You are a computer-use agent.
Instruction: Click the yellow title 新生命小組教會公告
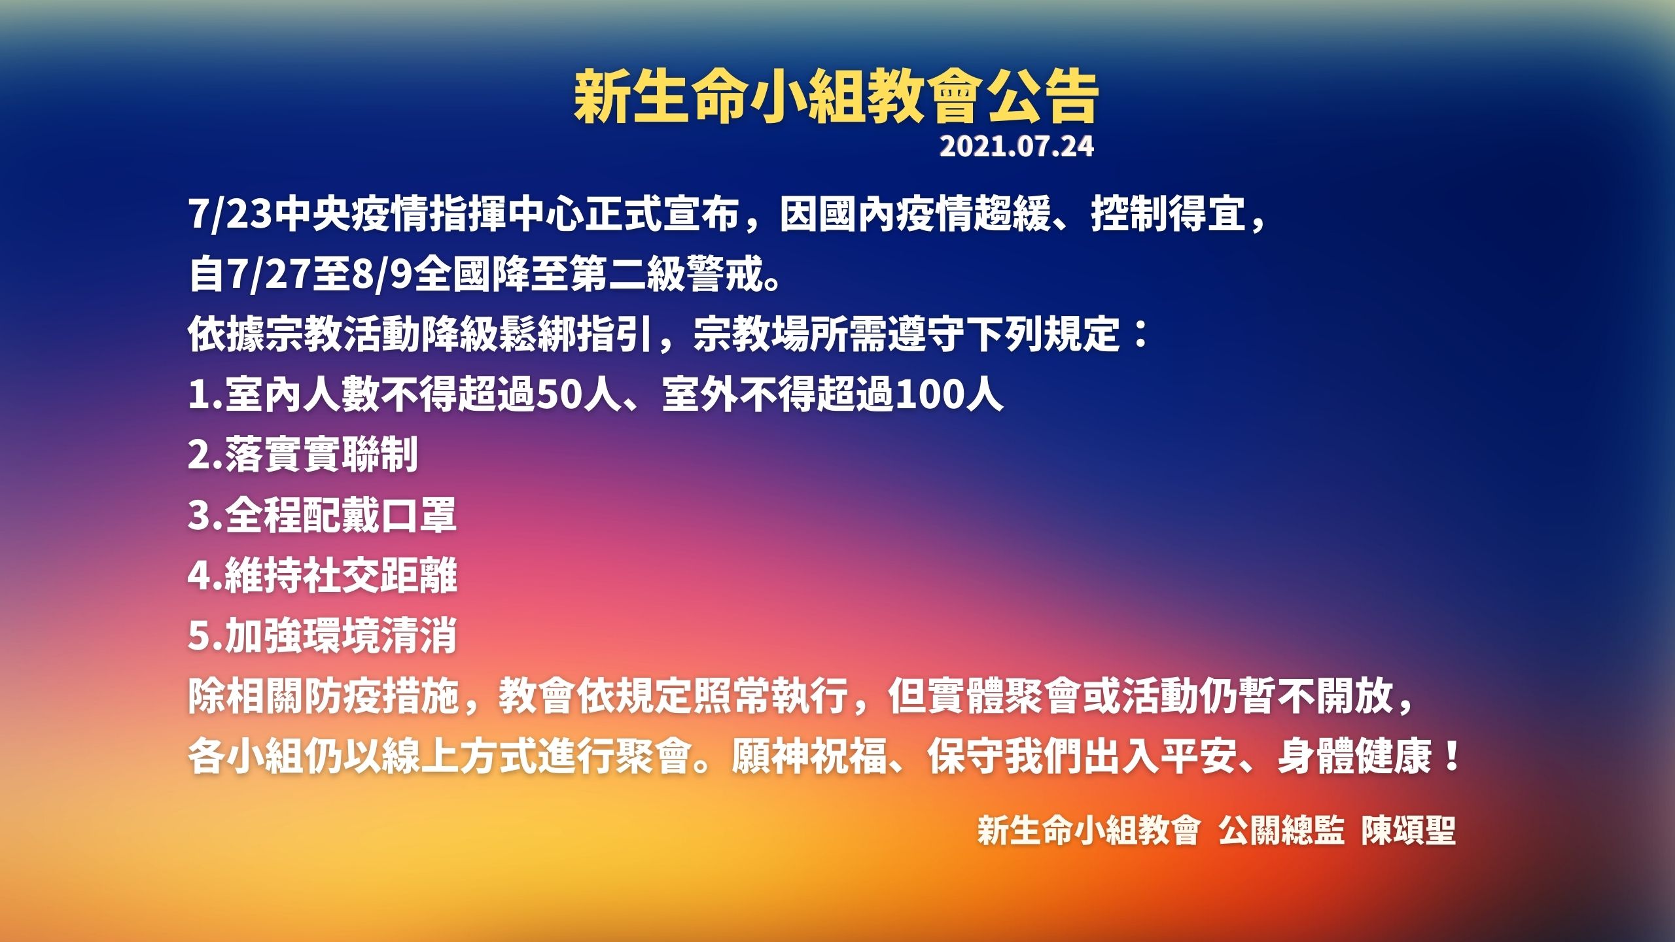836,97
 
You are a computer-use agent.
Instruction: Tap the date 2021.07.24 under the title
1017,146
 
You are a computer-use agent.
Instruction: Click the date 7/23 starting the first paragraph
230,214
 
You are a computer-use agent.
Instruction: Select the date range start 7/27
267,274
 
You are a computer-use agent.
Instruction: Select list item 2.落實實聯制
303,455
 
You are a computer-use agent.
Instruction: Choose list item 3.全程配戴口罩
322,515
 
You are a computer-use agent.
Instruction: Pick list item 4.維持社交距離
322,575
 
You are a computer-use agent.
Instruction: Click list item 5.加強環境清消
322,635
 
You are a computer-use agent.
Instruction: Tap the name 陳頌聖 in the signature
1409,831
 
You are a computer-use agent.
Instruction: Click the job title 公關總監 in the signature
1281,831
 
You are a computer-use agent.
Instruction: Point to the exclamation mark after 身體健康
1452,756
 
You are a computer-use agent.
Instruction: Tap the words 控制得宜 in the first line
1168,214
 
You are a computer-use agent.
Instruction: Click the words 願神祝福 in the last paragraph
809,756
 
